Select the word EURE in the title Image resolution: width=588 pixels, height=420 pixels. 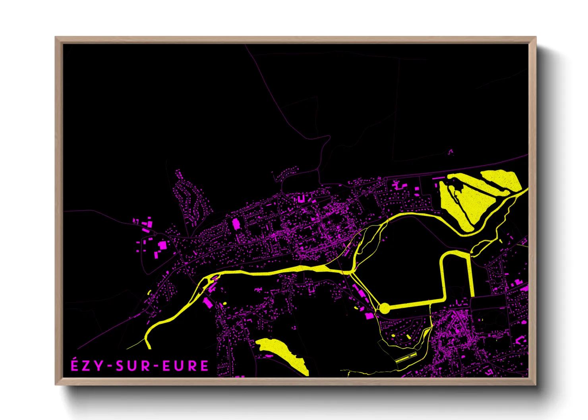pyautogui.click(x=186, y=366)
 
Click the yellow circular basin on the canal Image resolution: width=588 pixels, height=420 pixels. pyautogui.click(x=384, y=308)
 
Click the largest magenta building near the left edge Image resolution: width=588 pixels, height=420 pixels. pyautogui.click(x=162, y=245)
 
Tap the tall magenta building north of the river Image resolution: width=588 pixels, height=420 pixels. pyautogui.click(x=236, y=224)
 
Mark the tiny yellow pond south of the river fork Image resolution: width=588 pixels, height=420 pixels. pyautogui.click(x=224, y=303)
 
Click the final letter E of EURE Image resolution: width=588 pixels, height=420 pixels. pyautogui.click(x=204, y=366)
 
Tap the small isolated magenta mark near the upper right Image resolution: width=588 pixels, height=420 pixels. pyautogui.click(x=451, y=151)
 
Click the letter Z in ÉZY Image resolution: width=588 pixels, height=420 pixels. pyautogui.click(x=87, y=366)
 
